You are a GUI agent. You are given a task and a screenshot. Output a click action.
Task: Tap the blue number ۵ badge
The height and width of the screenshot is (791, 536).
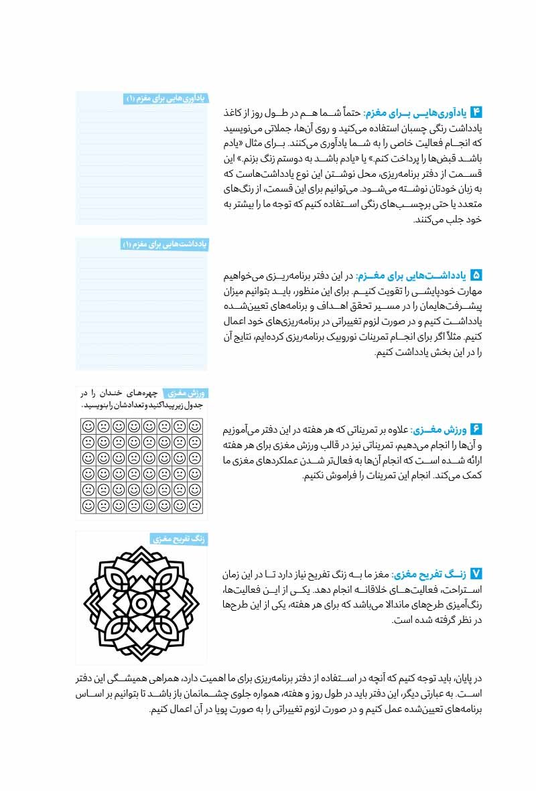[x=476, y=275]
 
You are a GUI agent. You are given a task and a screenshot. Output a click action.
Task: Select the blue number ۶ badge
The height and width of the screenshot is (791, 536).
[x=476, y=429]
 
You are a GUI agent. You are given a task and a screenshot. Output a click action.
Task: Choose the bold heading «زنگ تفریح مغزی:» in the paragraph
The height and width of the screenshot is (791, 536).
[x=429, y=574]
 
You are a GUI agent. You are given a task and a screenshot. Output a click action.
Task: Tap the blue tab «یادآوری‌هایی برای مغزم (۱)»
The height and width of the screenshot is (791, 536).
[x=165, y=98]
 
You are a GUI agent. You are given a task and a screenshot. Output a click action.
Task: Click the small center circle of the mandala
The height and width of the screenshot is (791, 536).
[x=141, y=603]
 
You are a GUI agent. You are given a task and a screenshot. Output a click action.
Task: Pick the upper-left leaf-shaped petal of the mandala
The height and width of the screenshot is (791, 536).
[x=113, y=575]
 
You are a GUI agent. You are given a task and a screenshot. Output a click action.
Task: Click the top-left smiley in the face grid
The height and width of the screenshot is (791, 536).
[x=88, y=426]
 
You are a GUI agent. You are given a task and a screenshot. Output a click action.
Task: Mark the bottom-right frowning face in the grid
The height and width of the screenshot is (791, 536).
[x=194, y=506]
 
